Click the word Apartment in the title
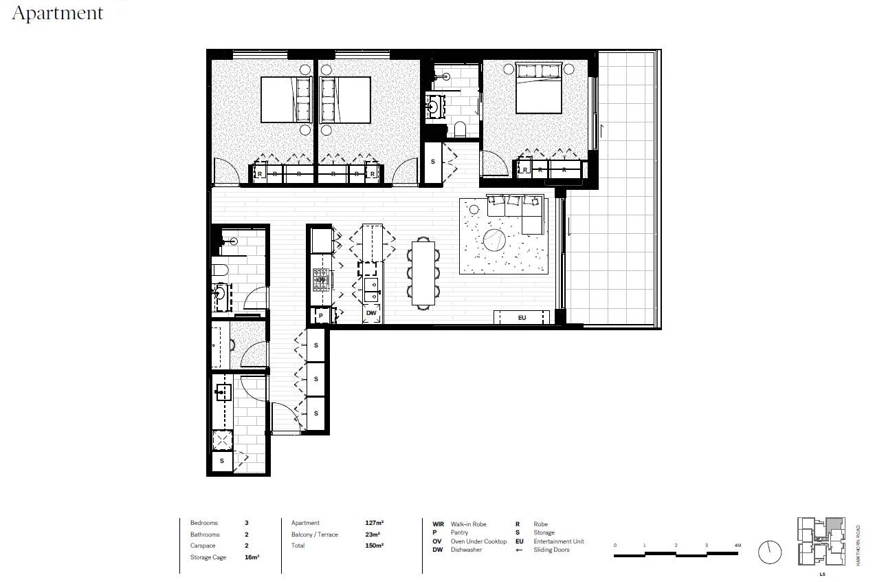pyautogui.click(x=58, y=13)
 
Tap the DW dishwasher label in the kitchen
pyautogui.click(x=371, y=314)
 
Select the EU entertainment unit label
pyautogui.click(x=521, y=317)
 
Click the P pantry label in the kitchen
pyautogui.click(x=320, y=316)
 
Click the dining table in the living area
pyautogui.click(x=423, y=272)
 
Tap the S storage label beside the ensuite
pyautogui.click(x=432, y=162)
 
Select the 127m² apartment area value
pyautogui.click(x=374, y=523)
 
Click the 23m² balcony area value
pyautogui.click(x=373, y=535)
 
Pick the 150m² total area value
pyautogui.click(x=374, y=546)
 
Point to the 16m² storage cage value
pyautogui.click(x=252, y=557)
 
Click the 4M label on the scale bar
pyautogui.click(x=737, y=545)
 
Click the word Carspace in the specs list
pyautogui.click(x=202, y=546)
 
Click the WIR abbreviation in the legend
pyautogui.click(x=438, y=524)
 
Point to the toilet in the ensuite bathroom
pyautogui.click(x=460, y=129)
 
